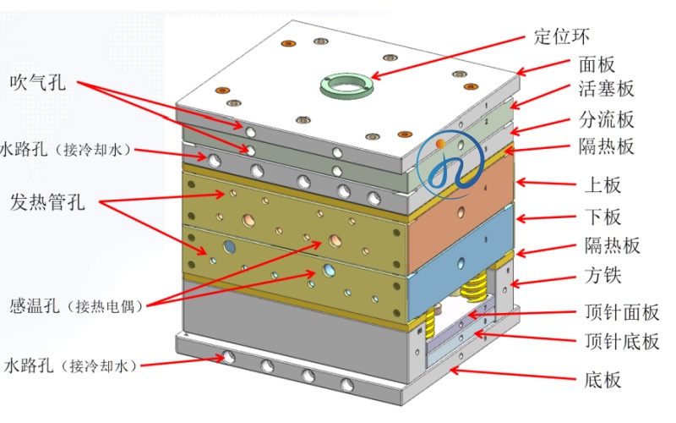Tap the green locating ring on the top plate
click(x=348, y=83)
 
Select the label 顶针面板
click(x=622, y=313)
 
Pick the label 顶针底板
click(x=622, y=342)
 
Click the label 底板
click(x=602, y=379)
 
